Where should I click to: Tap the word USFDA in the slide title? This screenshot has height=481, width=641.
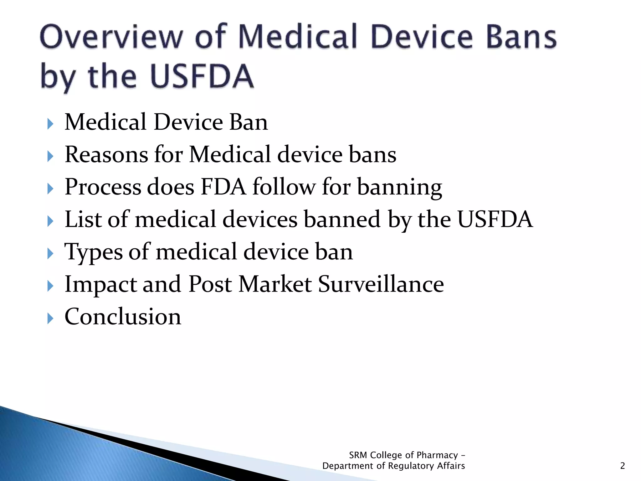(202, 76)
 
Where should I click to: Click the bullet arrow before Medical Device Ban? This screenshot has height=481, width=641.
(50, 124)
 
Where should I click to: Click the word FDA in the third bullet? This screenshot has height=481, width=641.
(223, 187)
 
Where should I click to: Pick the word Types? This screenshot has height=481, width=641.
(93, 252)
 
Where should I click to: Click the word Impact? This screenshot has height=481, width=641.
(100, 284)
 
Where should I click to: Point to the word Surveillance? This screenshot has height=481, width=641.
(381, 284)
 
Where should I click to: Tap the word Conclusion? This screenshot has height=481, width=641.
(123, 317)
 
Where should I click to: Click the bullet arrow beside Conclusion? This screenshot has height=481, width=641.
(50, 318)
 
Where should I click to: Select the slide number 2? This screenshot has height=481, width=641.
(622, 466)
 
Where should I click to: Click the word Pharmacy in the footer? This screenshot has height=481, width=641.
(437, 455)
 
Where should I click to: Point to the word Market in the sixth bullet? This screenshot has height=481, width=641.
(275, 284)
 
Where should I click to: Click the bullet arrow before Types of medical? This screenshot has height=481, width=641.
(50, 253)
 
